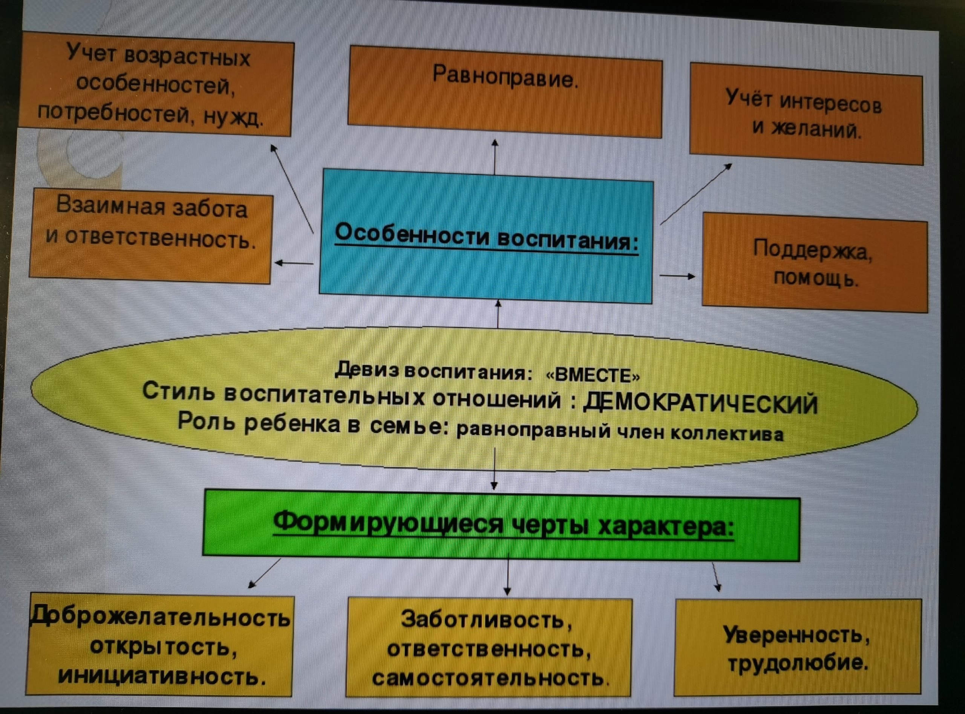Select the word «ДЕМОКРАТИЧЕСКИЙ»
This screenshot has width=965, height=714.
700,404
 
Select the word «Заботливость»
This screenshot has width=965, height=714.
486,620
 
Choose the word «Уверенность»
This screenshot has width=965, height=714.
796,634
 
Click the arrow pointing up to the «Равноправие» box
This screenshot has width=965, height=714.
495,157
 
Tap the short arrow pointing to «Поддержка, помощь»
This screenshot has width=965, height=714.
677,276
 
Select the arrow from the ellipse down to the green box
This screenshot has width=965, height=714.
495,469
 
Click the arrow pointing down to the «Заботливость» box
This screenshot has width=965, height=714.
508,575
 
